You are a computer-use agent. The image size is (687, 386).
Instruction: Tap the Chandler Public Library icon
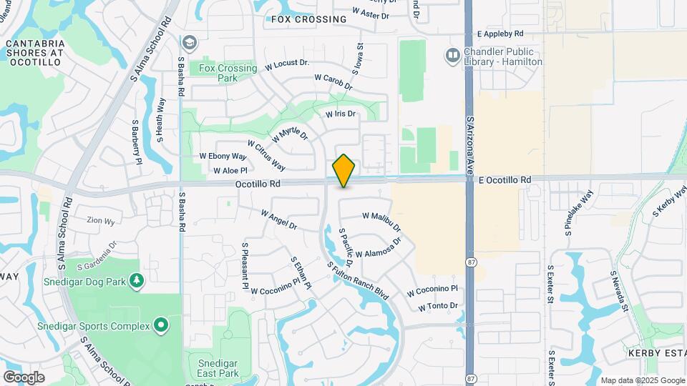click(x=452, y=54)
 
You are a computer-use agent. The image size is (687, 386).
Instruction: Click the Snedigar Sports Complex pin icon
click(x=161, y=326)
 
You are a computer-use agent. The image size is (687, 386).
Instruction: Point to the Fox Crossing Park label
click(x=228, y=73)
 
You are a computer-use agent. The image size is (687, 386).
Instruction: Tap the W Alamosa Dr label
click(x=379, y=248)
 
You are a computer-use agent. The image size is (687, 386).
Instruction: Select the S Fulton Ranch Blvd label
click(x=358, y=280)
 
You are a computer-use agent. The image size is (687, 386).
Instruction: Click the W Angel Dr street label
click(x=278, y=219)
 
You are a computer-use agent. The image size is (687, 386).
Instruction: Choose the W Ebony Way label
click(x=223, y=156)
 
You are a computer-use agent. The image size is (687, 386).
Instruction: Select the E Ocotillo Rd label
click(x=506, y=179)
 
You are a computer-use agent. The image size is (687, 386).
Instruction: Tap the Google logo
click(x=24, y=377)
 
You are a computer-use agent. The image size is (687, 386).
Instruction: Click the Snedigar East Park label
click(x=218, y=368)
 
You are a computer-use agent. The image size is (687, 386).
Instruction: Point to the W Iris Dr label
click(x=341, y=114)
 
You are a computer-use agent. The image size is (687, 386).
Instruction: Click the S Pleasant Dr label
click(x=245, y=262)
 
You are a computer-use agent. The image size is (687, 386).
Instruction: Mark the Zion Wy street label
click(x=100, y=222)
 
